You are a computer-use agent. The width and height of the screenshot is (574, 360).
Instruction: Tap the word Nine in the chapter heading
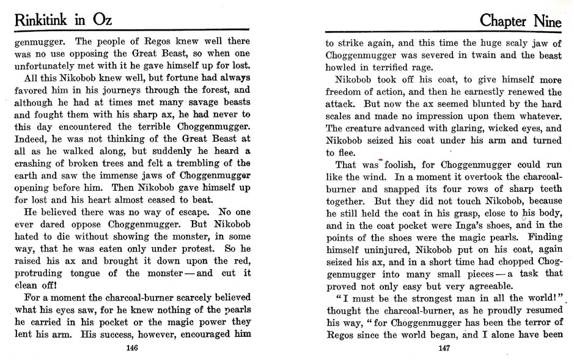coord(540,21)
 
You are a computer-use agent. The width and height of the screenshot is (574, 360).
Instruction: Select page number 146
coord(130,348)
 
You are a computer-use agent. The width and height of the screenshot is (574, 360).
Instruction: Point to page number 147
coord(444,348)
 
